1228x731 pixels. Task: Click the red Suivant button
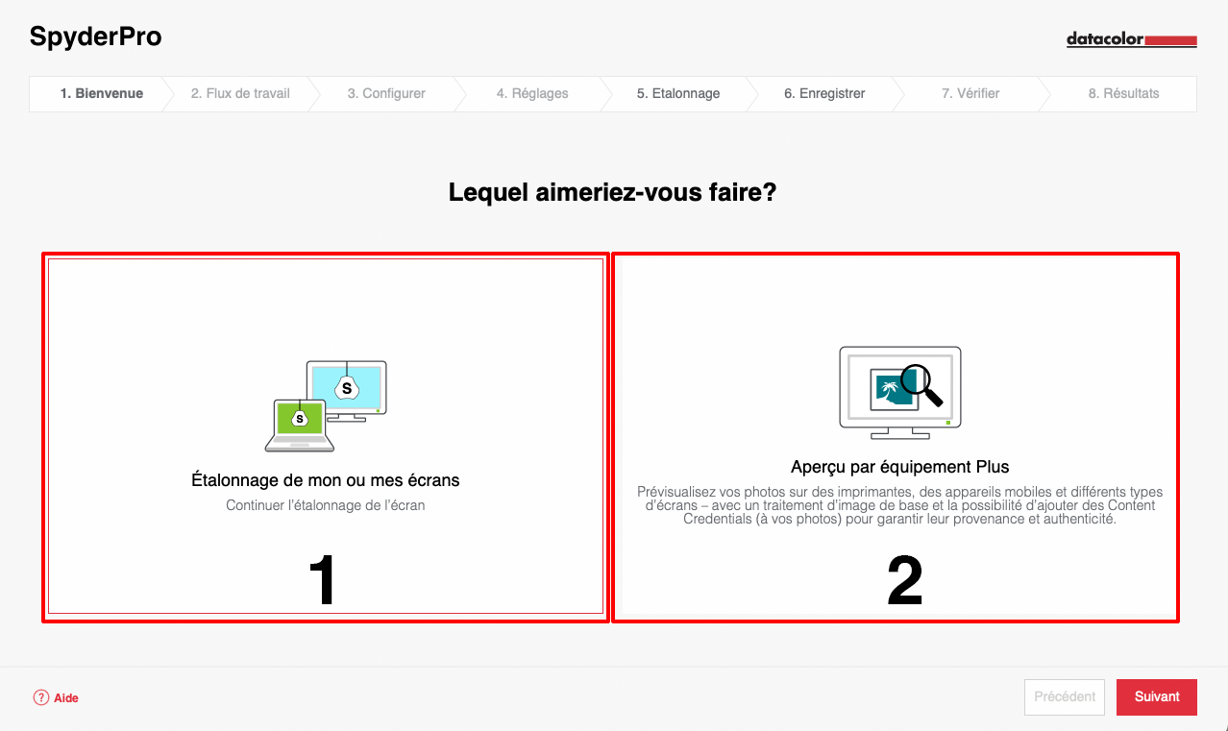pyautogui.click(x=1157, y=697)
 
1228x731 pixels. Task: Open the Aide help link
pyautogui.click(x=56, y=697)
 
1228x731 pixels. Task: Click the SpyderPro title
pyautogui.click(x=95, y=37)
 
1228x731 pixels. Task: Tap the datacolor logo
pyautogui.click(x=1132, y=39)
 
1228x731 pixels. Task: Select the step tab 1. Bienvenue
pyautogui.click(x=102, y=94)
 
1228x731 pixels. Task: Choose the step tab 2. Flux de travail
pyautogui.click(x=240, y=94)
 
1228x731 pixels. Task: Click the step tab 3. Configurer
pyautogui.click(x=386, y=94)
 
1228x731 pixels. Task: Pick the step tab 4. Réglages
pyautogui.click(x=532, y=94)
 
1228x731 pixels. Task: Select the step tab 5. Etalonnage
pyautogui.click(x=678, y=94)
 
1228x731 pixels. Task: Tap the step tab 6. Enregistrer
pyautogui.click(x=824, y=94)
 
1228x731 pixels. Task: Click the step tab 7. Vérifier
pyautogui.click(x=970, y=94)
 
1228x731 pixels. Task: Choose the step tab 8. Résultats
pyautogui.click(x=1123, y=94)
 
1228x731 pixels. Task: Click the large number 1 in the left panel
pyautogui.click(x=323, y=579)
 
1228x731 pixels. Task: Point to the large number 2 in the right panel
pyautogui.click(x=904, y=580)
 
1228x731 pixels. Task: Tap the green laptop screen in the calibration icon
pyautogui.click(x=300, y=418)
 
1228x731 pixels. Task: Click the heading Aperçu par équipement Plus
pyautogui.click(x=899, y=467)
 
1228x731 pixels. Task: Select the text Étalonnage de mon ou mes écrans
pyautogui.click(x=325, y=480)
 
